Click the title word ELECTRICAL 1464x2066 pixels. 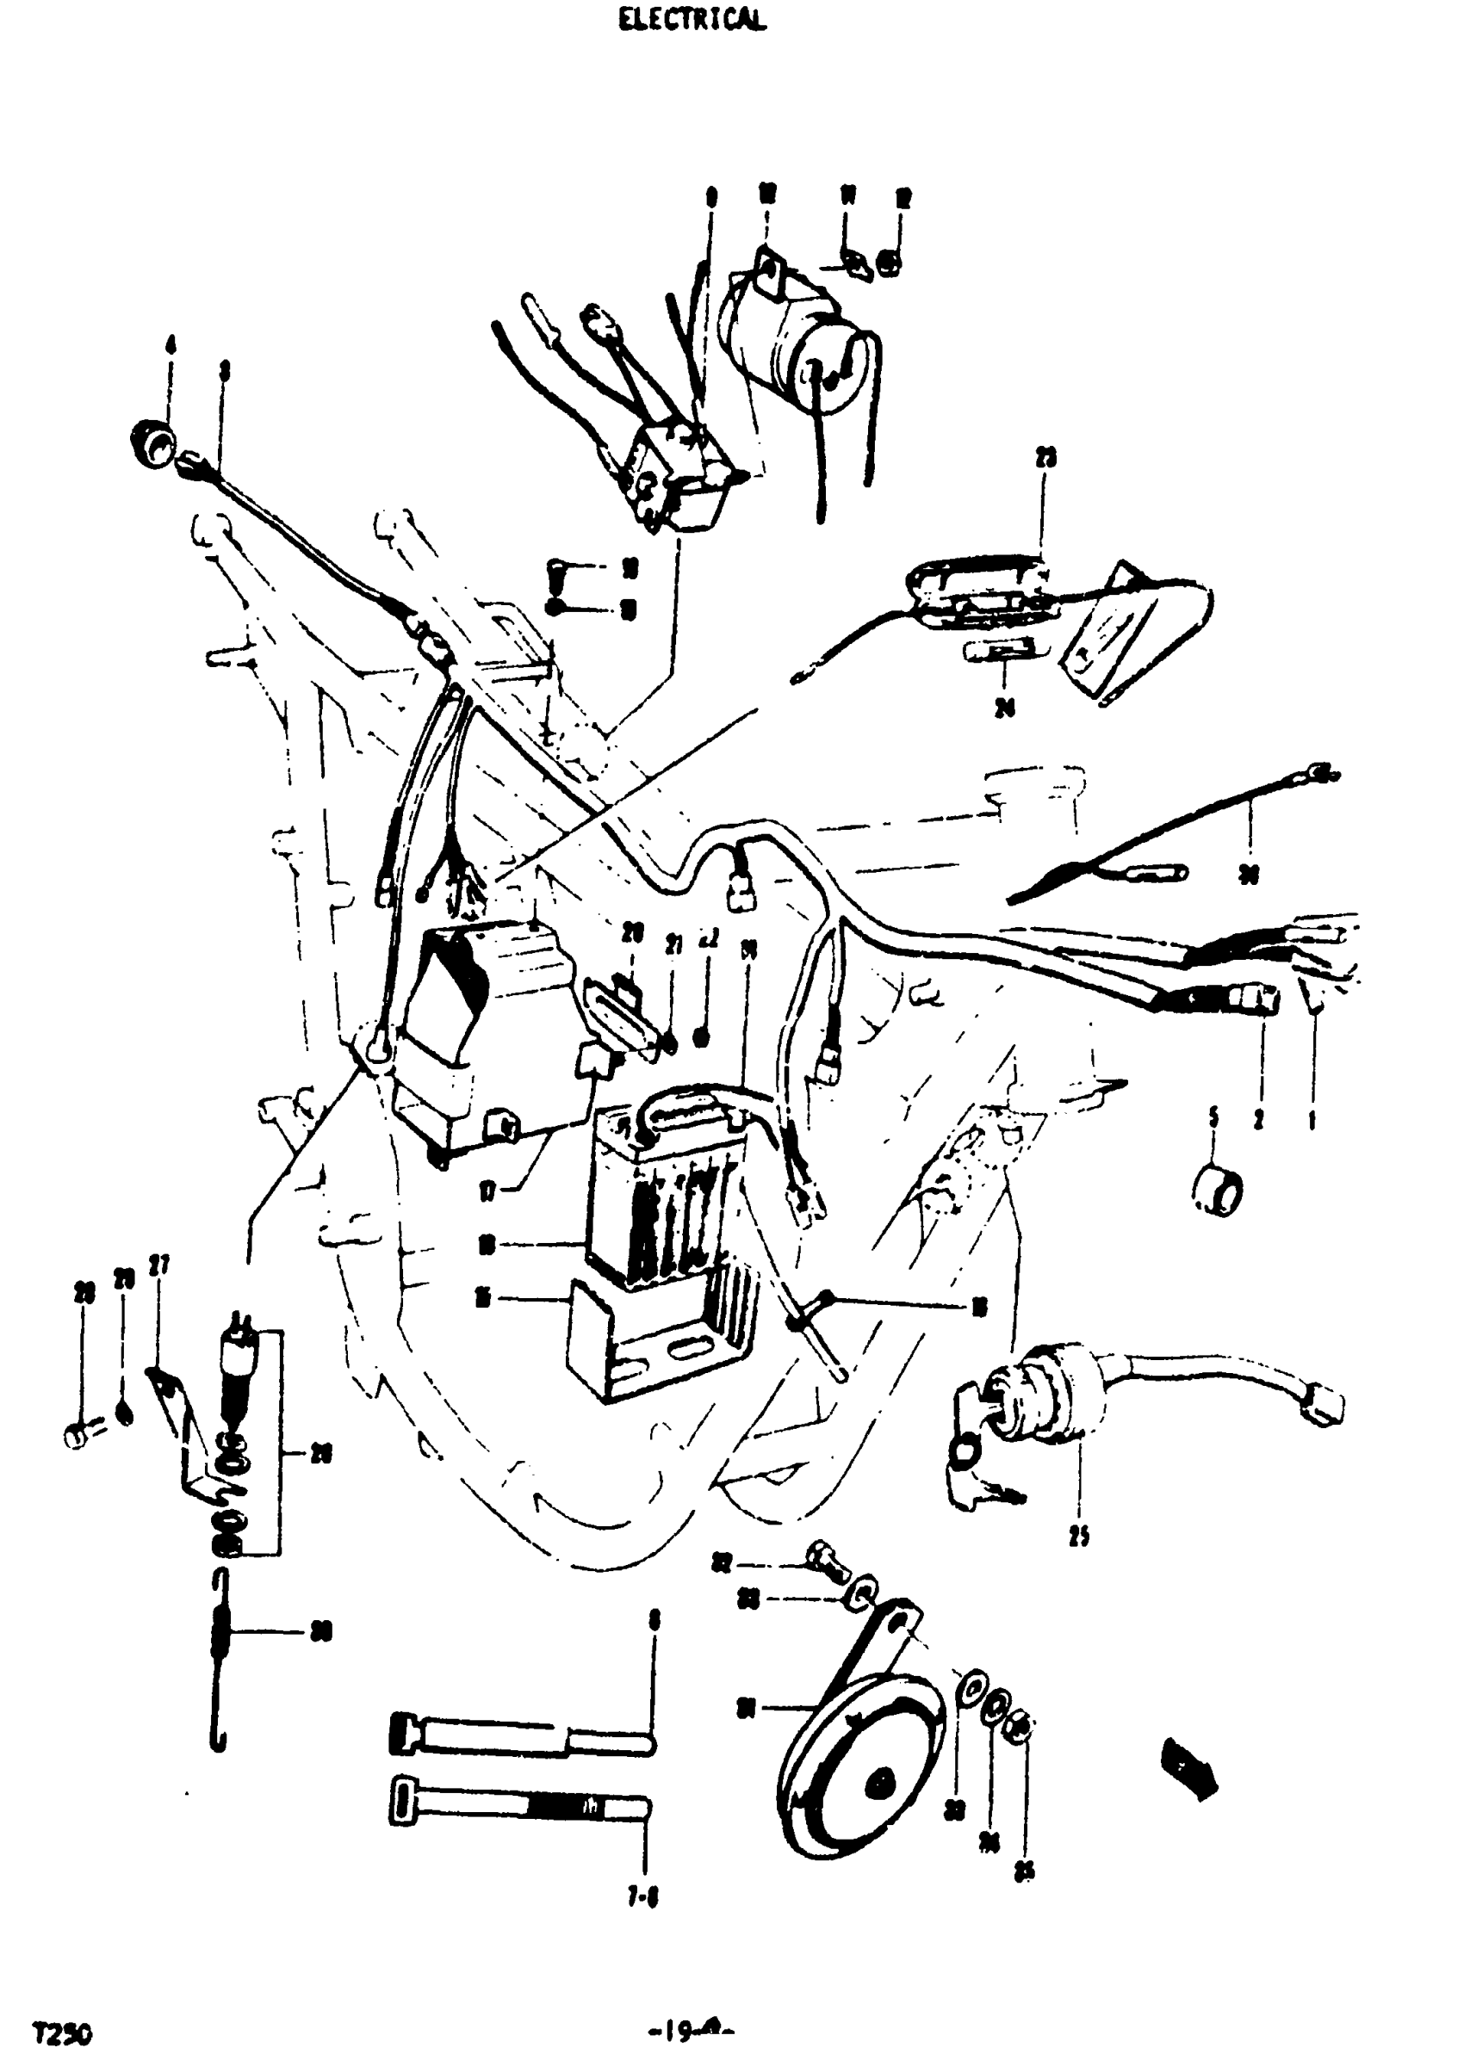[692, 20]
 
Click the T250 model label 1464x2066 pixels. [62, 2008]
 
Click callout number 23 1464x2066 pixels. [1045, 458]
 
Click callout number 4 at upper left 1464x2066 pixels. [171, 344]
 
